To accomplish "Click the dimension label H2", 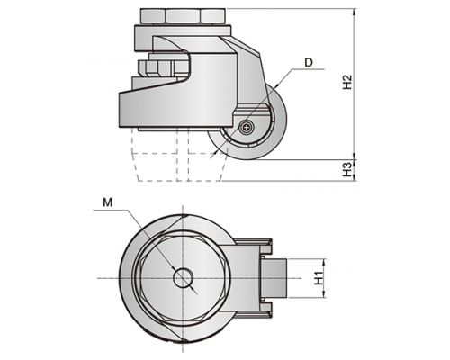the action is point(347,82).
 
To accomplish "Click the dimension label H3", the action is point(347,169).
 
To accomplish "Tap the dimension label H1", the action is point(319,277).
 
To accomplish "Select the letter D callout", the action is point(309,62).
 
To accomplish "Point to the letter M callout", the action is point(107,203).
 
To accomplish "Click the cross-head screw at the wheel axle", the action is point(247,127).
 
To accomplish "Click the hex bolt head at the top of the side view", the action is point(183,16).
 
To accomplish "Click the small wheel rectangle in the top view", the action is point(274,278).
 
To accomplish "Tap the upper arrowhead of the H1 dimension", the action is point(324,262).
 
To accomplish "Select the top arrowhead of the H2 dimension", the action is point(355,12).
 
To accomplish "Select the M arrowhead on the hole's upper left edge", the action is point(173,266).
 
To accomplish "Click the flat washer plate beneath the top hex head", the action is point(183,31).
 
